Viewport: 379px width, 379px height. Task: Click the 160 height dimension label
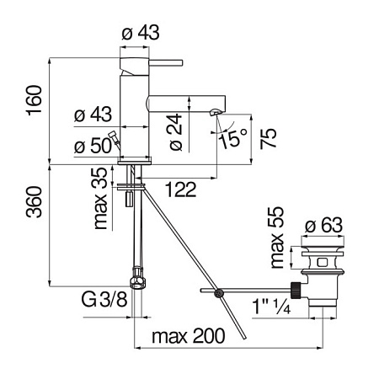click(x=34, y=100)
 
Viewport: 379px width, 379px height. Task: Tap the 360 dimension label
click(x=34, y=202)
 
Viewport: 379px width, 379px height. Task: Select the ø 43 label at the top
click(x=141, y=32)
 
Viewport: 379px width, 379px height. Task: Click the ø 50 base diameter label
click(x=93, y=146)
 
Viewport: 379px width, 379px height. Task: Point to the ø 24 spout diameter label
click(x=176, y=131)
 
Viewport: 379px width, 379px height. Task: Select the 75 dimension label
click(x=269, y=138)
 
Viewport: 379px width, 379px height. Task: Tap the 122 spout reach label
click(x=181, y=189)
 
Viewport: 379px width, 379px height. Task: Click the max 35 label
click(x=101, y=199)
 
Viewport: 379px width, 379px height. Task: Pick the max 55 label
click(x=277, y=238)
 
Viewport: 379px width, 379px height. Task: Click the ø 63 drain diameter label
click(x=323, y=225)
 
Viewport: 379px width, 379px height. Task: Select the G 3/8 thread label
click(x=104, y=299)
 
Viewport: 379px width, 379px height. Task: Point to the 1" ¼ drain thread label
click(x=271, y=306)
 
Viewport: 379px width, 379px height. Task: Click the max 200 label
click(x=189, y=336)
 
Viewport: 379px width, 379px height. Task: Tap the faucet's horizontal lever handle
click(x=166, y=62)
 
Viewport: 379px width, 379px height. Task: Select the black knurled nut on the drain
click(x=296, y=290)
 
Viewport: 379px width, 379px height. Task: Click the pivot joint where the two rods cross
click(x=218, y=293)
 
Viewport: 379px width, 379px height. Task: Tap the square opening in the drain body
click(x=322, y=263)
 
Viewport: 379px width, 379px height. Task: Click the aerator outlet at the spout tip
click(x=215, y=113)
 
